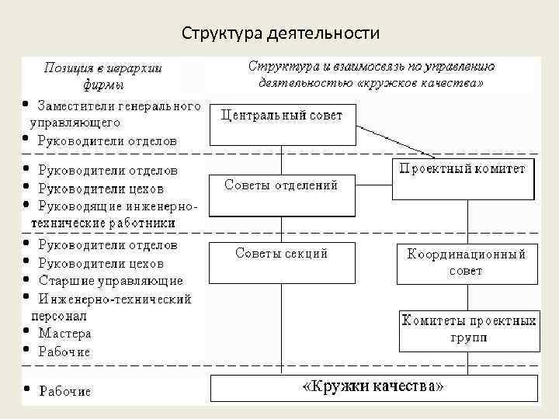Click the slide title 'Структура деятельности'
tap(280, 33)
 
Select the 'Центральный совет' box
tap(282, 124)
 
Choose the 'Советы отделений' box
tap(282, 195)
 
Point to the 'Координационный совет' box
tap(467, 263)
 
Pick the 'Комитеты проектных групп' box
tap(468, 330)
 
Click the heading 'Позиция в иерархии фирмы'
tap(102, 76)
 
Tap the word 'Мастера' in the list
tap(65, 334)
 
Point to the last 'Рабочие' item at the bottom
tap(65, 391)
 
